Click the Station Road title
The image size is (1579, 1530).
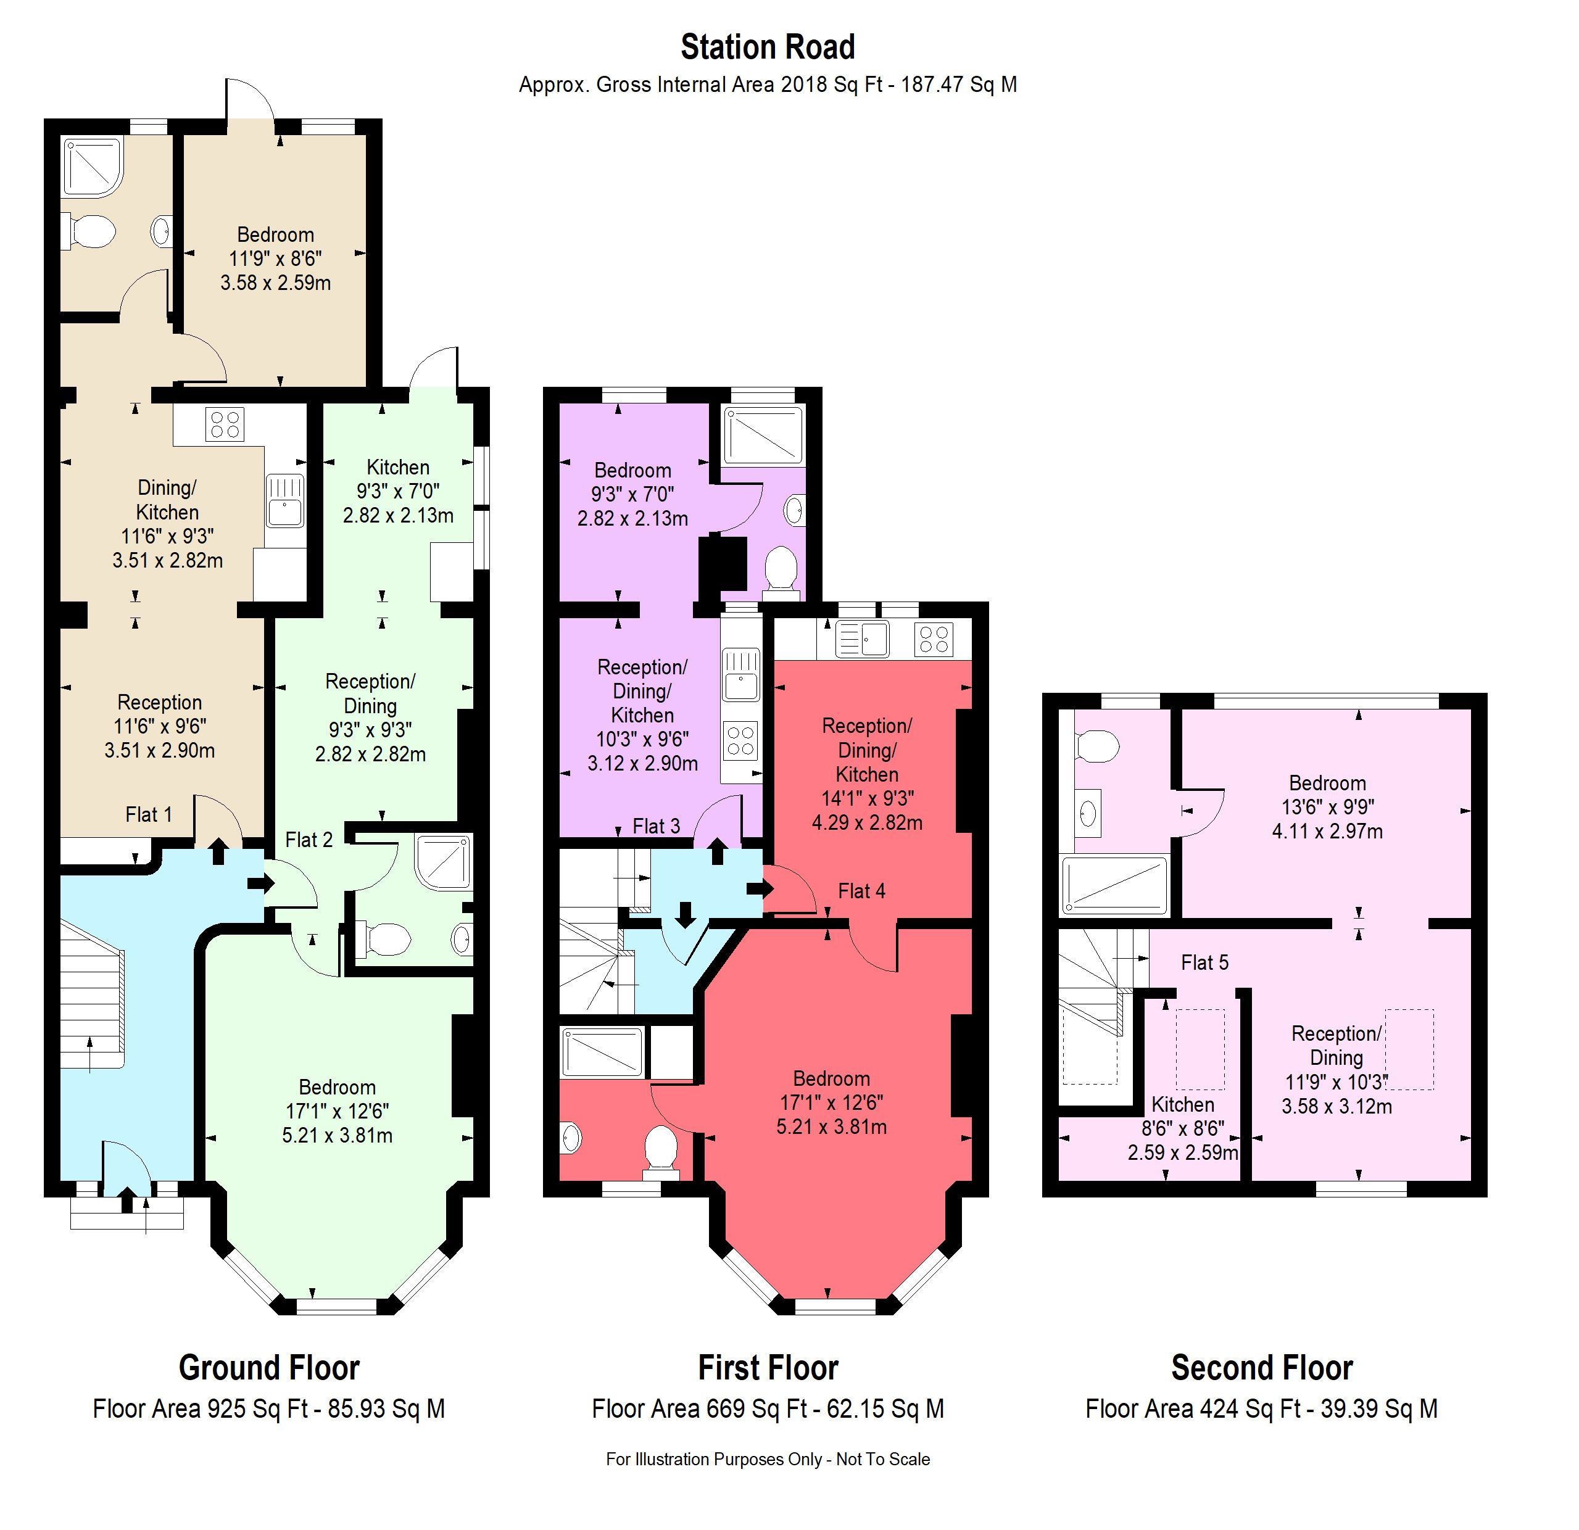coord(767,47)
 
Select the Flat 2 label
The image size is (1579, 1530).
coord(309,840)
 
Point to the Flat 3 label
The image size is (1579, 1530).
coord(656,826)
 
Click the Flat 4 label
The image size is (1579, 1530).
coord(861,891)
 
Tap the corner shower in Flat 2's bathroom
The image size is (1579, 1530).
coord(442,861)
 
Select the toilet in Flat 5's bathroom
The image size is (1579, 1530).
coord(1097,746)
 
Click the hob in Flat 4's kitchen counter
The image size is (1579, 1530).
coord(934,640)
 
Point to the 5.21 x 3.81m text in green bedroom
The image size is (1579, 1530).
coord(337,1135)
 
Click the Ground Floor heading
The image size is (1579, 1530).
coord(268,1368)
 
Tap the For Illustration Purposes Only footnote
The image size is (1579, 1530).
coord(767,1459)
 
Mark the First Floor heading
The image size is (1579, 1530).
coord(767,1368)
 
